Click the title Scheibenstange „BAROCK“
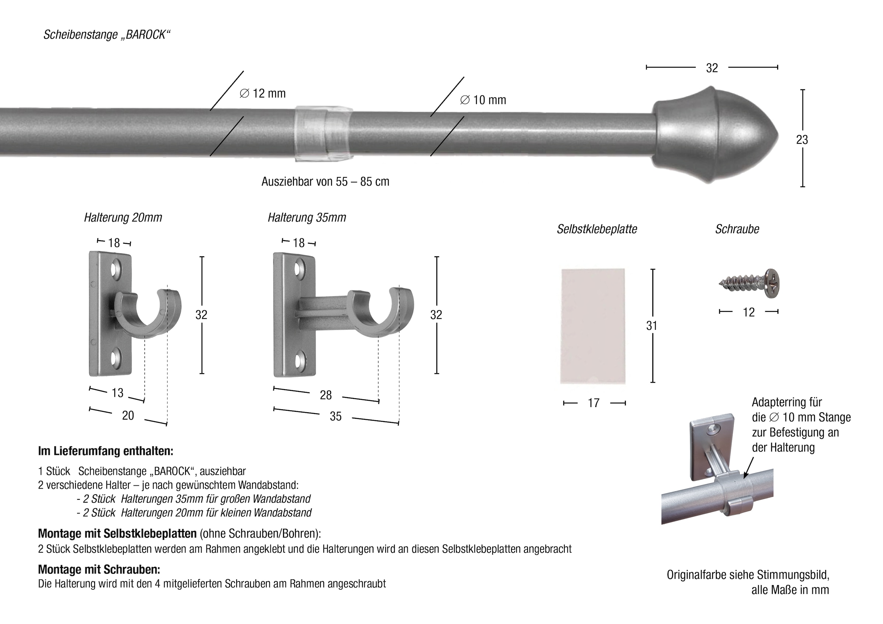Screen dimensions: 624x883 [x=107, y=35]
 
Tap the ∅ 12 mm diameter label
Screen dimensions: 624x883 [x=262, y=93]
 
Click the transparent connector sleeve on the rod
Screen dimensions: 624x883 [x=323, y=133]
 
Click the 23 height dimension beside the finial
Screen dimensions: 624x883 [x=802, y=140]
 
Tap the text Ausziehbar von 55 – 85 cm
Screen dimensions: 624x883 [x=325, y=182]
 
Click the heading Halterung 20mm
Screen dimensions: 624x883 [x=123, y=218]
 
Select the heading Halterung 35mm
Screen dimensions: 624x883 [x=306, y=218]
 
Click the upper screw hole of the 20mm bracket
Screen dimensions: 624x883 [x=116, y=268]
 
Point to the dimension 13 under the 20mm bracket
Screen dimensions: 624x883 [x=117, y=393]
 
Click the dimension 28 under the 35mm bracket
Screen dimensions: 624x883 [x=325, y=395]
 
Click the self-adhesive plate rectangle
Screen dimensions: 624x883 [x=593, y=326]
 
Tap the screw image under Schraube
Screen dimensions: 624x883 [x=750, y=284]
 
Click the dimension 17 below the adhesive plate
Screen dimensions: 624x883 [x=593, y=403]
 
